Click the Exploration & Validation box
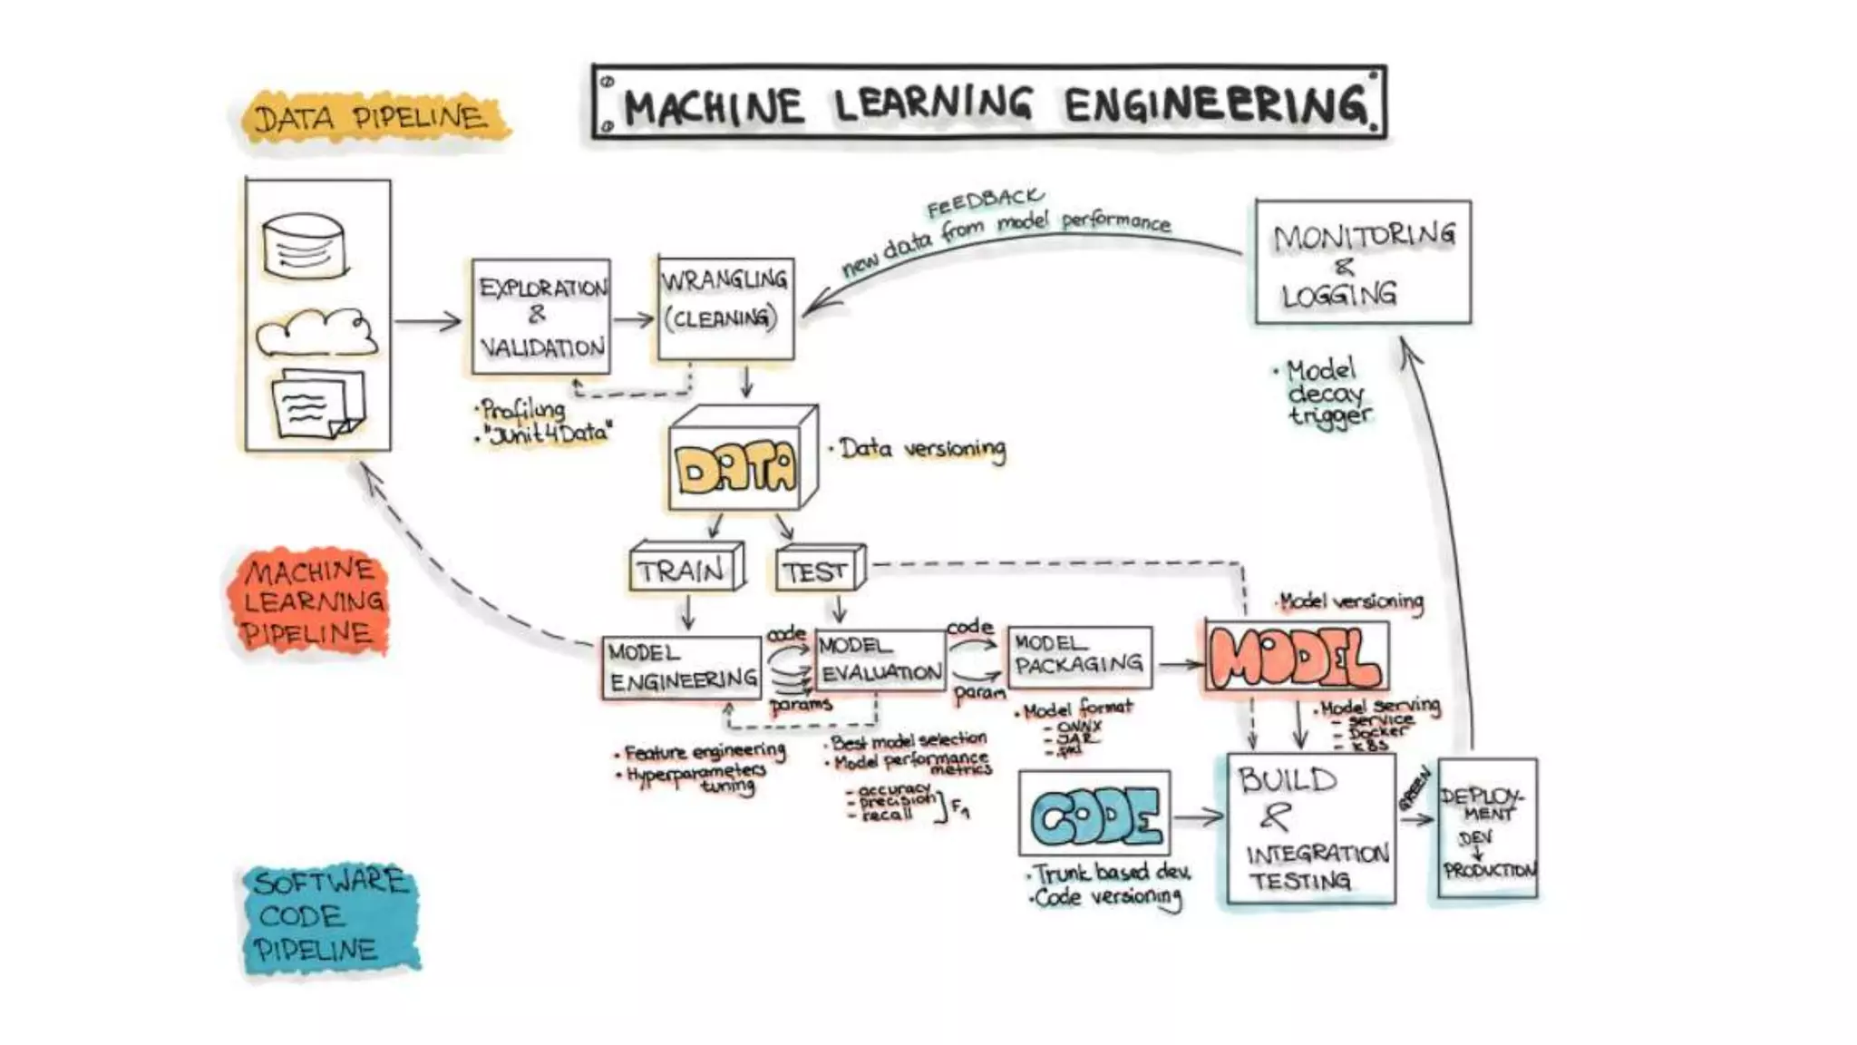(541, 317)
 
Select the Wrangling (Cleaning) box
(725, 308)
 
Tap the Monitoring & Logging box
(1363, 262)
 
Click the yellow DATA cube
(737, 467)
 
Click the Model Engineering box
(682, 668)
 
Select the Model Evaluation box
(880, 660)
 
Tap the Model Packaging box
(1079, 657)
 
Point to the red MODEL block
(1297, 657)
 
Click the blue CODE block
(1095, 814)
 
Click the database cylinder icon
(304, 246)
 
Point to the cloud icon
(316, 334)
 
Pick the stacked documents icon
(317, 404)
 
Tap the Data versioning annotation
(920, 448)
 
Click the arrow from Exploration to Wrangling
(634, 319)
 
